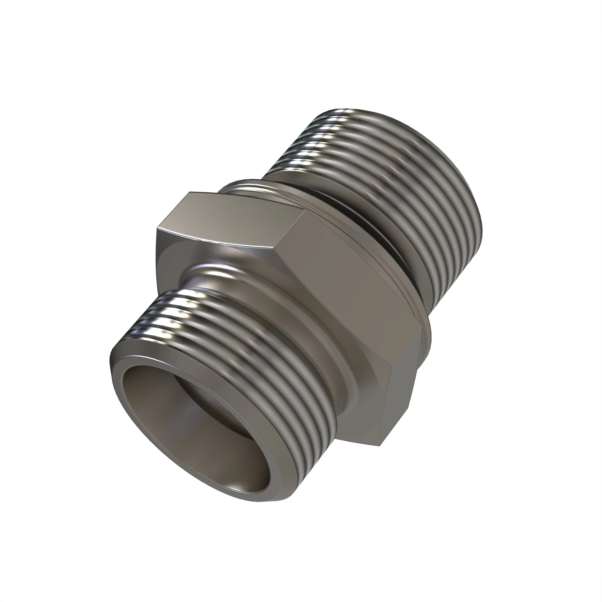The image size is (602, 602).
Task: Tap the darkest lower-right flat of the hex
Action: pyautogui.click(x=399, y=389)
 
